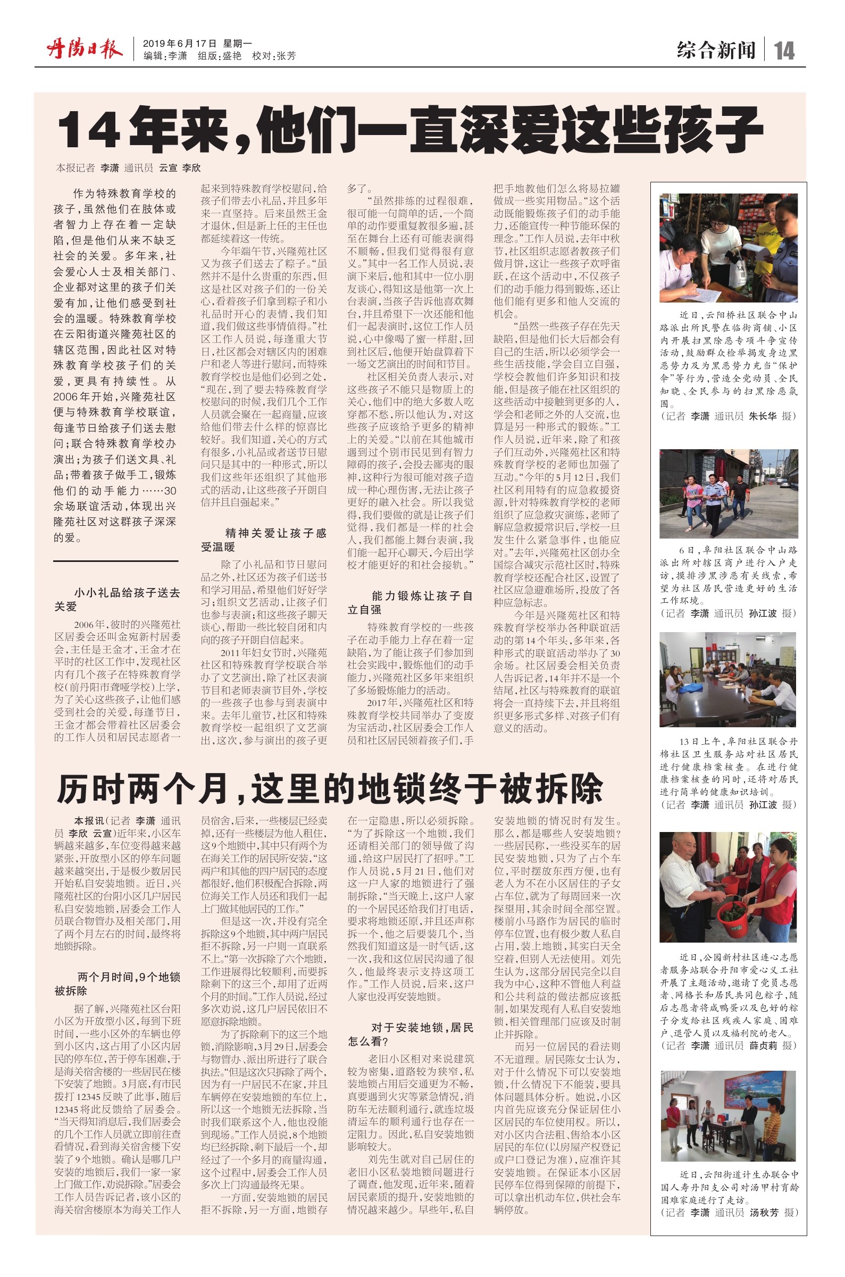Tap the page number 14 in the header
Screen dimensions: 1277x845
(784, 51)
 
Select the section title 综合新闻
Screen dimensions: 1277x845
(716, 51)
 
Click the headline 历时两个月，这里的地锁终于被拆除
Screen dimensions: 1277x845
(330, 789)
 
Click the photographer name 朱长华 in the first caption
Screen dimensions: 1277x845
(763, 416)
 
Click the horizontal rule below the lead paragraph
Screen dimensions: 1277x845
(115, 561)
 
